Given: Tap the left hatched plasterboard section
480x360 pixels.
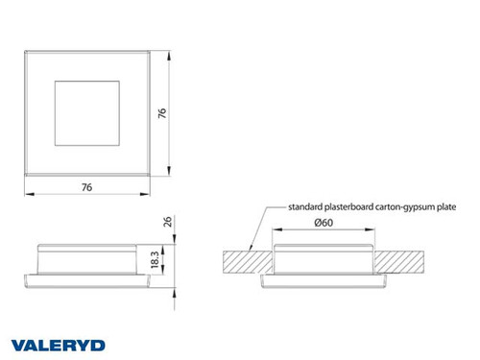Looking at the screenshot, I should tap(244, 260).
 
